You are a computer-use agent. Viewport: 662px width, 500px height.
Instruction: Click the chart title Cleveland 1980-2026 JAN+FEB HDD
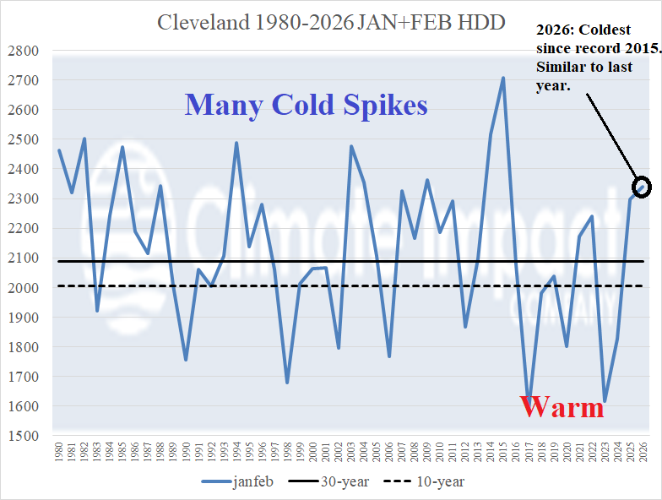tap(331, 22)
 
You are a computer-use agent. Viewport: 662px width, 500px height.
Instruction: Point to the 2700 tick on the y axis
tap(23, 80)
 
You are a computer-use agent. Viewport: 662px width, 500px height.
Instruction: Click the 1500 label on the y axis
tap(23, 436)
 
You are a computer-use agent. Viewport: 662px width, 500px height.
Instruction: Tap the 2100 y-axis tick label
tap(23, 258)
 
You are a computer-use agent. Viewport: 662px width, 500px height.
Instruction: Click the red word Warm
tap(562, 407)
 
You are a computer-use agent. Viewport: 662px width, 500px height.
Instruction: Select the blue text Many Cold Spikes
tap(306, 105)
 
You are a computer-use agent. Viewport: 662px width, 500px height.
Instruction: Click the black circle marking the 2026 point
tap(642, 187)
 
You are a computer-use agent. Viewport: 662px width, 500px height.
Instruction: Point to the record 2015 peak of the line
tap(503, 78)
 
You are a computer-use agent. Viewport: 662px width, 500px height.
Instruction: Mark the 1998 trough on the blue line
tap(288, 383)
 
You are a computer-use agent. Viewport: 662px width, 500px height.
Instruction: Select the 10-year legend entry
tap(428, 482)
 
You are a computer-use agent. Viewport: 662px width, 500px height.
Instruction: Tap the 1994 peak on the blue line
tap(236, 143)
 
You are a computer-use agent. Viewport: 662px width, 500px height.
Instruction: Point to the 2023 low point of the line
tap(605, 400)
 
